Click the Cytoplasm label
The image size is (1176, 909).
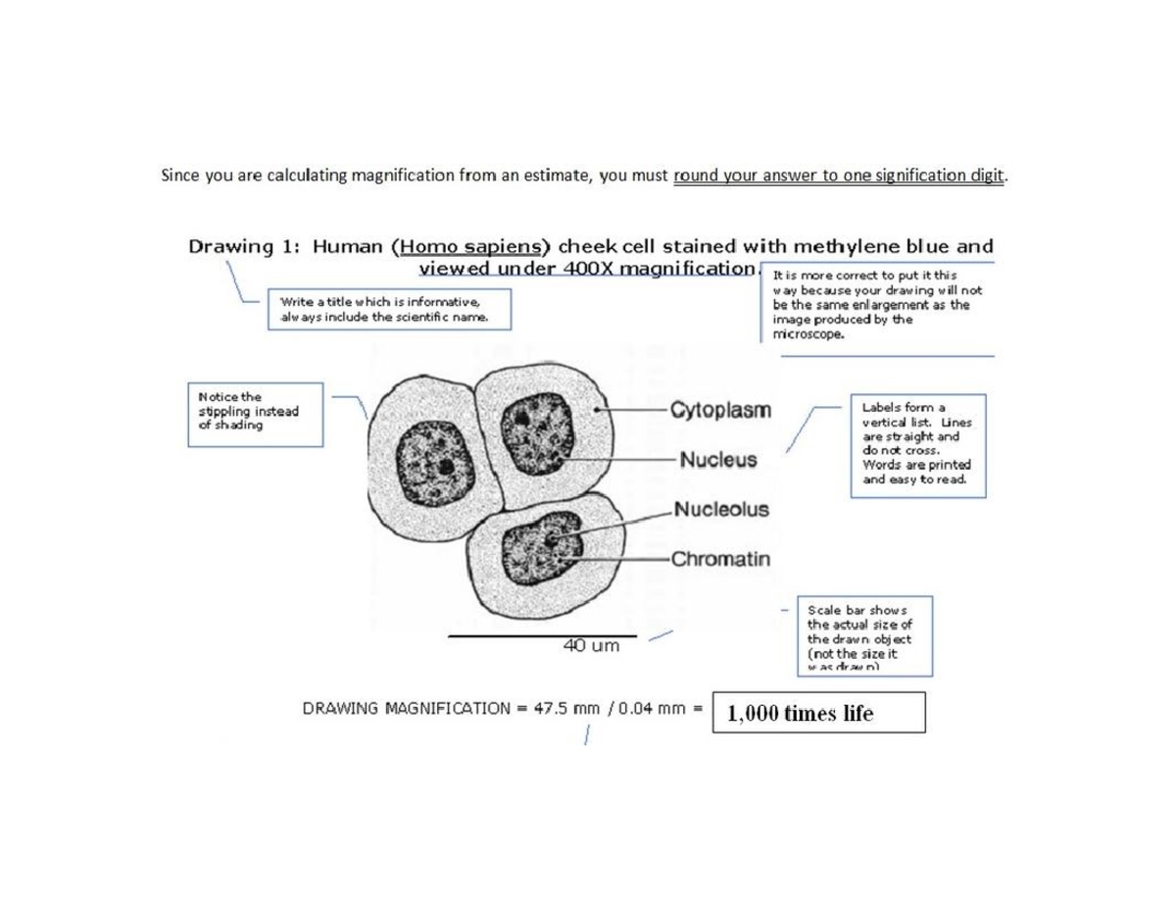[720, 410]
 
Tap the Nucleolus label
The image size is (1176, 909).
[720, 510]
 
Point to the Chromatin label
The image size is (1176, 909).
[720, 560]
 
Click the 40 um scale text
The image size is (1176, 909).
[591, 646]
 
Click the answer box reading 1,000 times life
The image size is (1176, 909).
[818, 713]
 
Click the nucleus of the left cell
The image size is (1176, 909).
[432, 460]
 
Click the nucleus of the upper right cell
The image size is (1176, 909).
[541, 429]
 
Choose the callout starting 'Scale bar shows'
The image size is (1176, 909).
[862, 634]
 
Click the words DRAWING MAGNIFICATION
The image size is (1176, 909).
[406, 707]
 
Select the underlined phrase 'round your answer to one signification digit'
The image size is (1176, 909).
[839, 177]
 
